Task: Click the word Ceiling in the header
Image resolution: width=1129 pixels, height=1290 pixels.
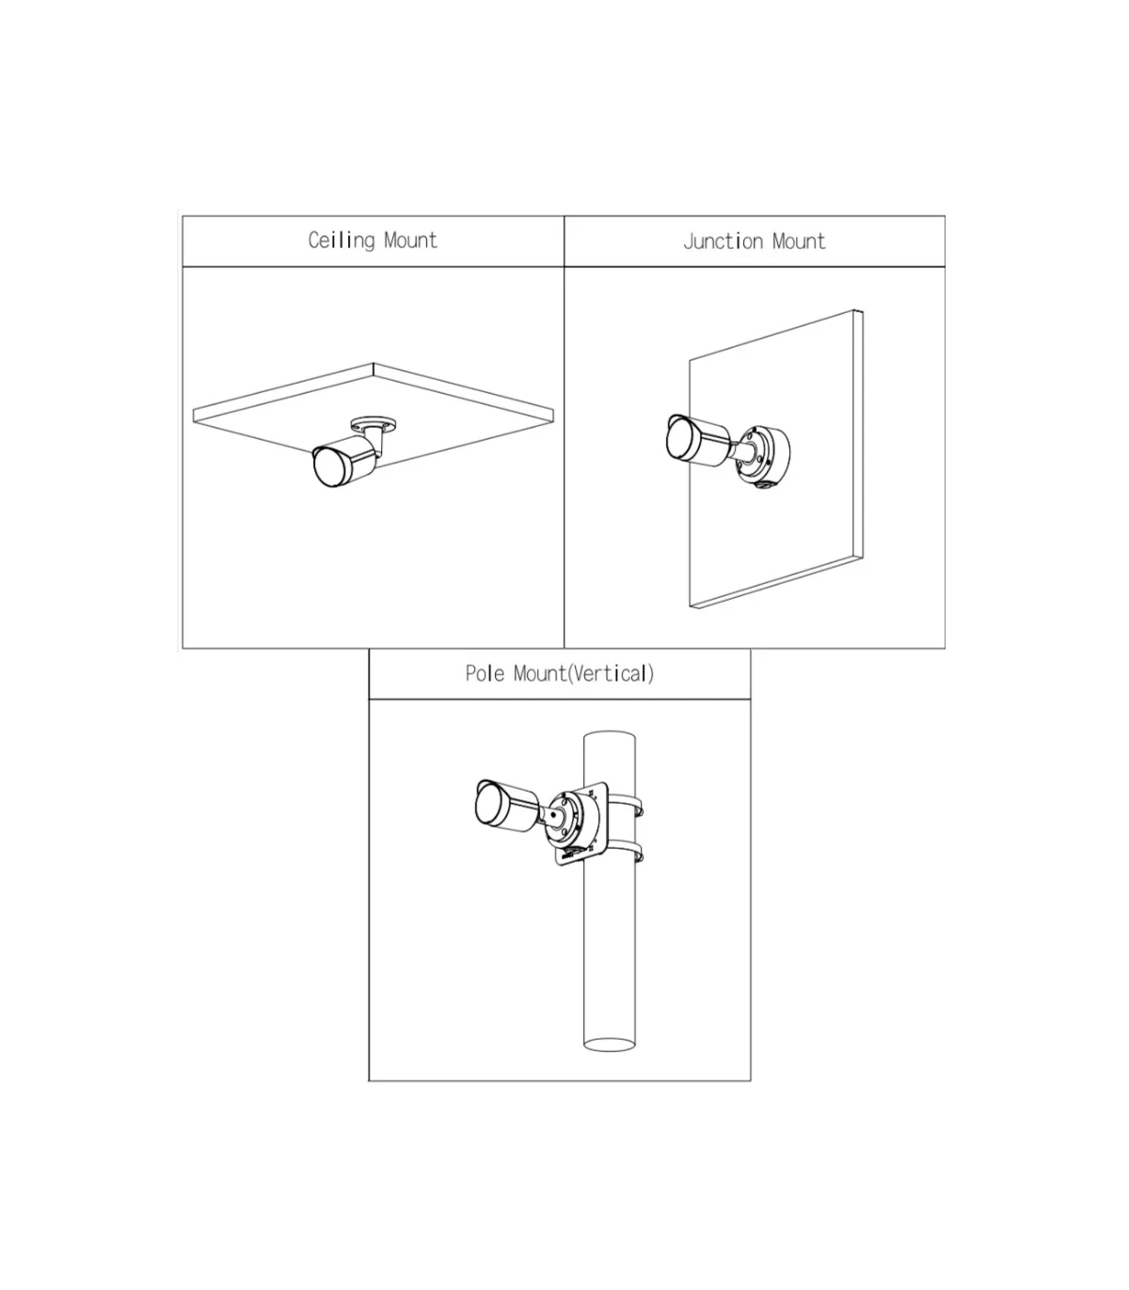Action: tap(342, 240)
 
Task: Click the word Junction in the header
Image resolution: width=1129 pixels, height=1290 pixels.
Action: tap(724, 242)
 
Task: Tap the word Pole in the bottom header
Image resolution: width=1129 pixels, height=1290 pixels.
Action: tap(485, 673)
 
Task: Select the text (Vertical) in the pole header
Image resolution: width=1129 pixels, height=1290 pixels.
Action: tap(611, 674)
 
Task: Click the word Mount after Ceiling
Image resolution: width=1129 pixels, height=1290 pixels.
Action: tap(410, 240)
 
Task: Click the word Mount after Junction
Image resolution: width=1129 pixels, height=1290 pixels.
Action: tap(799, 242)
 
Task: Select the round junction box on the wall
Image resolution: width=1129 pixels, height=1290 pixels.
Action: tap(765, 456)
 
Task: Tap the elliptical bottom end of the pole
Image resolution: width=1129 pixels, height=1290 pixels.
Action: tap(610, 1045)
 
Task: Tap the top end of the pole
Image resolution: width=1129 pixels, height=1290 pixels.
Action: tap(610, 736)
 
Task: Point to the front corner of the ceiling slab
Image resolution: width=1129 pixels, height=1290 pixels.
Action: tap(374, 363)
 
